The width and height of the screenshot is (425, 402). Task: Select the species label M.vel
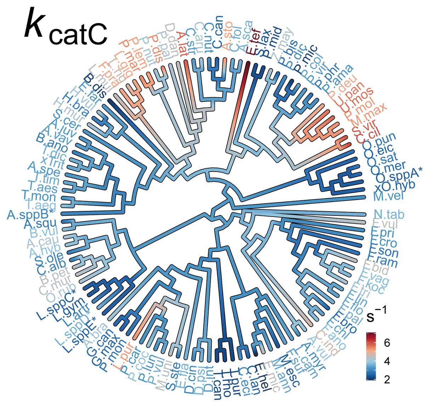coord(387,195)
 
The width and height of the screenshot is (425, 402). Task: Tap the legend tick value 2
coord(387,379)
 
